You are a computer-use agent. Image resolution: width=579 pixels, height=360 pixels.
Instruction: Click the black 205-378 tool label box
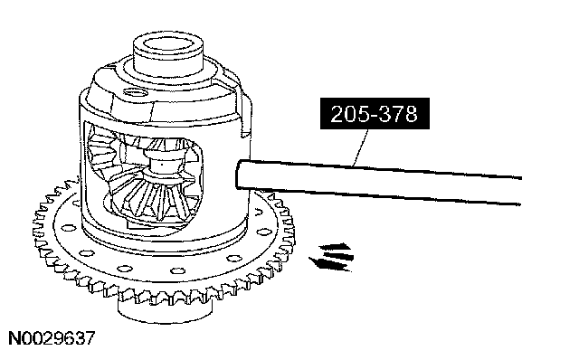click(375, 113)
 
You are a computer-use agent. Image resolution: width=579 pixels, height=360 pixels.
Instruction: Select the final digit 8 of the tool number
click(412, 114)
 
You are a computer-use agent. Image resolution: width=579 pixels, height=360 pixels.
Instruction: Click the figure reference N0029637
click(52, 338)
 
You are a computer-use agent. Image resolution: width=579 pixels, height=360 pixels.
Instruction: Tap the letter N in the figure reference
click(14, 338)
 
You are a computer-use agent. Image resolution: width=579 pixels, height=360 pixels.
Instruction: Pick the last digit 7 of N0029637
click(90, 338)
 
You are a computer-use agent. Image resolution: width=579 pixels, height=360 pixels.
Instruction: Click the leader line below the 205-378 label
click(361, 147)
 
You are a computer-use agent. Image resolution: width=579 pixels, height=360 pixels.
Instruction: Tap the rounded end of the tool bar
click(239, 175)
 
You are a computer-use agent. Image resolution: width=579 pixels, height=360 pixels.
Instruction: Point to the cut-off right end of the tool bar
click(521, 191)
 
